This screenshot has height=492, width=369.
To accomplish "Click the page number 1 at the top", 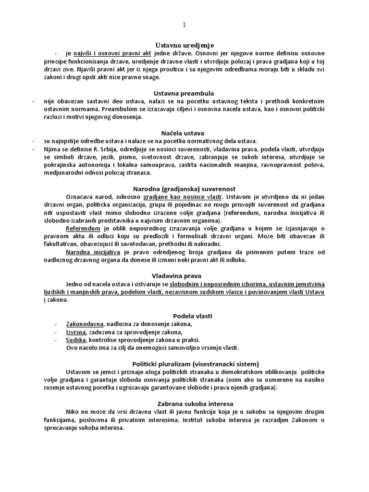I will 184,25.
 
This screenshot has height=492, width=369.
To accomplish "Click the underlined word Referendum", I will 83,228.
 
